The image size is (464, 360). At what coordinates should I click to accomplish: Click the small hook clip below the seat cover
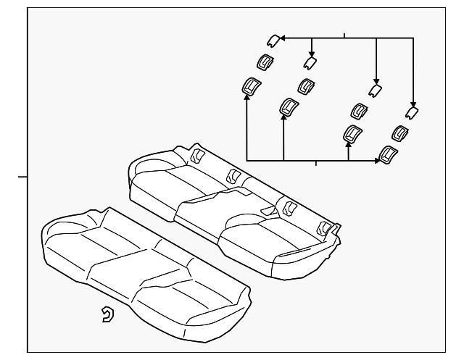107,314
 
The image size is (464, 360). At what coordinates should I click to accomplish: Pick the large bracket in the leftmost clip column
252,88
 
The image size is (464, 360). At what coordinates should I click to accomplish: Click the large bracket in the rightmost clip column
389,154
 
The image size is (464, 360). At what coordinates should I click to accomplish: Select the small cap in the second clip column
310,63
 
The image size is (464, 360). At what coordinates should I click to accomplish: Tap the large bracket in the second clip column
289,107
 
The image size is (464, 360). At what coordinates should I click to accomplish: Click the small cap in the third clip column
376,90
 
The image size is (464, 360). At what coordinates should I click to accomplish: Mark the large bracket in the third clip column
352,134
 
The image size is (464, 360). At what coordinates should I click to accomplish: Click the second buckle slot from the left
234,175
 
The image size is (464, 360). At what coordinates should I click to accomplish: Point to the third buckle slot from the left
289,207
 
